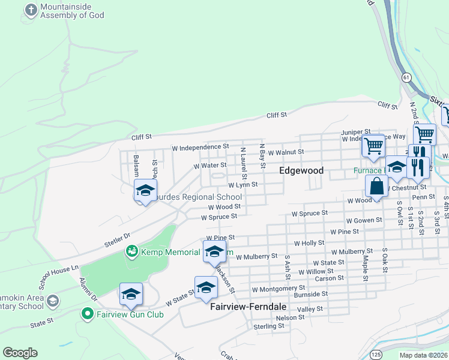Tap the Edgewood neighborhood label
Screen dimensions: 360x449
pyautogui.click(x=301, y=170)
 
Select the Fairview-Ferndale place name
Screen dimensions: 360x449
pyautogui.click(x=248, y=306)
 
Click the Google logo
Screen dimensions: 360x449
pyautogui.click(x=20, y=353)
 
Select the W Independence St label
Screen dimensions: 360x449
pyautogui.click(x=200, y=146)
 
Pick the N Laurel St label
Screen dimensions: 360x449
pyautogui.click(x=243, y=163)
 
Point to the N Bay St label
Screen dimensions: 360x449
pyautogui.click(x=263, y=156)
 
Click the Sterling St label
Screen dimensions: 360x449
pyautogui.click(x=268, y=326)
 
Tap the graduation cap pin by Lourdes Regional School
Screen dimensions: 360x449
pyautogui.click(x=145, y=191)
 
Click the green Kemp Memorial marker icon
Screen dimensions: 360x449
pyautogui.click(x=131, y=251)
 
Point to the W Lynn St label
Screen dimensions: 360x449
pyautogui.click(x=243, y=185)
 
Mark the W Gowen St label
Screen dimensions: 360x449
pyautogui.click(x=363, y=220)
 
